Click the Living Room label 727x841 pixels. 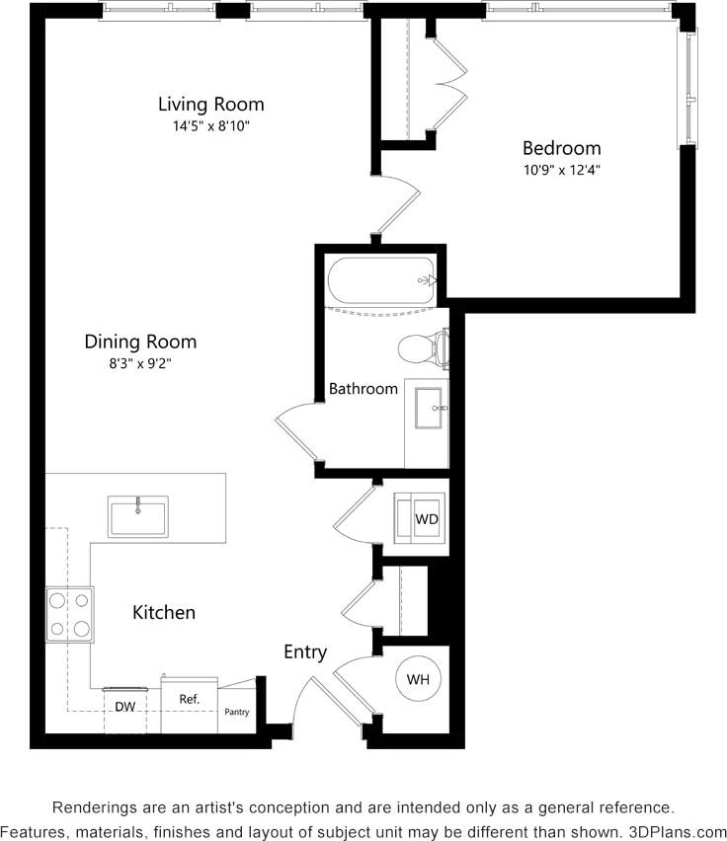(x=211, y=104)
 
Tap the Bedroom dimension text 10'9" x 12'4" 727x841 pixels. (x=561, y=169)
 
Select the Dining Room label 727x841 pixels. (x=140, y=342)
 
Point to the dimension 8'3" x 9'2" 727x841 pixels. (x=140, y=363)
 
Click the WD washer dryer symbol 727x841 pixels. (x=425, y=518)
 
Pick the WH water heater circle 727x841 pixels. (x=417, y=679)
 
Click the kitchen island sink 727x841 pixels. (x=137, y=516)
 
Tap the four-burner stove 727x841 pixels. (x=69, y=614)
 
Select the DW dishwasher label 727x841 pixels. (x=124, y=707)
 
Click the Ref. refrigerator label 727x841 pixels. (x=190, y=699)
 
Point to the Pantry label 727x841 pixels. (x=237, y=712)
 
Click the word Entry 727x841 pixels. (x=305, y=651)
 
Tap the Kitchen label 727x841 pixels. (x=164, y=612)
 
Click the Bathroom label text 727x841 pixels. (x=363, y=389)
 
